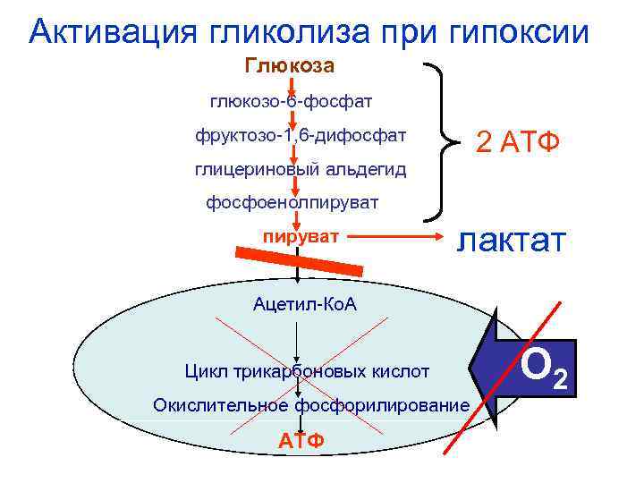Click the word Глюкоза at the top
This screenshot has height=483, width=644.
(x=290, y=66)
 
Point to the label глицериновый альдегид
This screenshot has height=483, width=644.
(x=301, y=169)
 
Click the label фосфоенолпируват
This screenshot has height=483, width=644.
(x=292, y=203)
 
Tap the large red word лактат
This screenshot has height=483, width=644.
(x=513, y=240)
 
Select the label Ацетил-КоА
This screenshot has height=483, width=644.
(x=305, y=305)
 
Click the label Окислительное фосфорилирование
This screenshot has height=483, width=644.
(x=310, y=405)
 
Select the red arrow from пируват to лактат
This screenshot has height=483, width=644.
(x=394, y=238)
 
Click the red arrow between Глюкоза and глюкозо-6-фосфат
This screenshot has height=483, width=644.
(x=291, y=83)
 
